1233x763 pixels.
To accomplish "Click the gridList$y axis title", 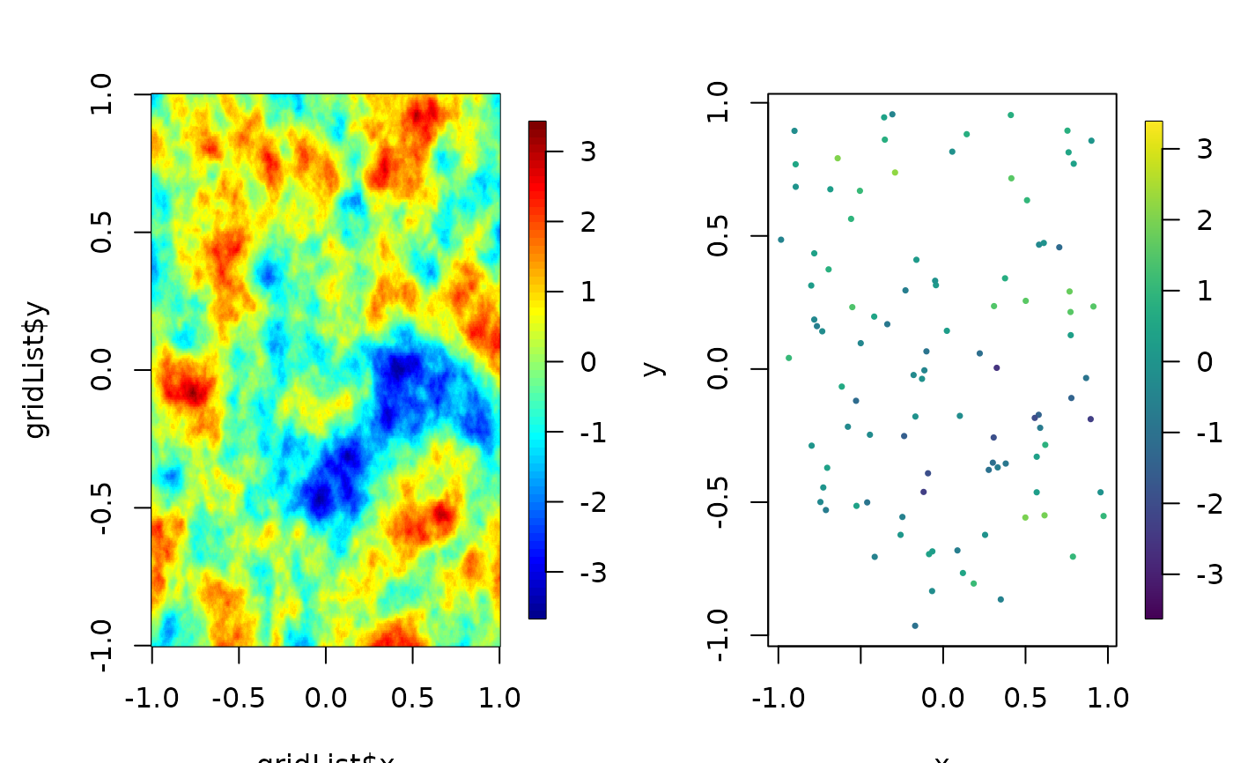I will point(38,369).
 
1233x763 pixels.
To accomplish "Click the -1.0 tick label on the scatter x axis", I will point(779,699).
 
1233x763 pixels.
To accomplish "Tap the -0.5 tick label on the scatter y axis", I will point(720,502).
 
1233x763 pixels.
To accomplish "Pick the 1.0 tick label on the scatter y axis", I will point(720,104).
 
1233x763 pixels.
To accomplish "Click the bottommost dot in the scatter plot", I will point(915,626).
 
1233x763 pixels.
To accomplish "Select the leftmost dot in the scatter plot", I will point(780,240).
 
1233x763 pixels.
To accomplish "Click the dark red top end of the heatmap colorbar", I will point(537,125).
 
